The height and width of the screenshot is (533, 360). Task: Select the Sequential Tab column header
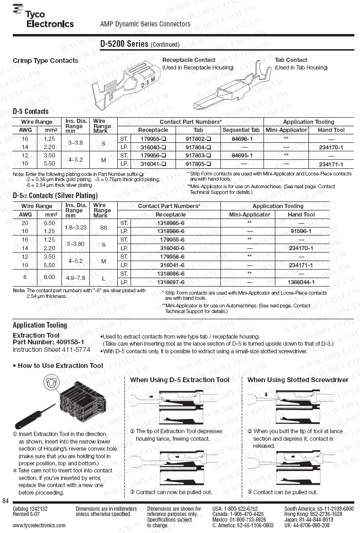pyautogui.click(x=242, y=130)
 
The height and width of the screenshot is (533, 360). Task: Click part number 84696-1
pyautogui.click(x=242, y=139)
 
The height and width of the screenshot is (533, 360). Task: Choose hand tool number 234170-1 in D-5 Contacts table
pyautogui.click(x=331, y=147)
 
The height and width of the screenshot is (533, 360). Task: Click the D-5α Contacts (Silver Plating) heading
pyautogui.click(x=55, y=195)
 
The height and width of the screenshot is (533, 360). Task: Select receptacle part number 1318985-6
pyautogui.click(x=170, y=223)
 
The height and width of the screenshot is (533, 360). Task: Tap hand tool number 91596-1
pyautogui.click(x=301, y=231)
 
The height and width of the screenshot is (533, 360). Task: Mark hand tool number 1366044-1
pyautogui.click(x=301, y=282)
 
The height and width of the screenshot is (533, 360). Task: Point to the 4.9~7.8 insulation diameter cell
pyautogui.click(x=74, y=278)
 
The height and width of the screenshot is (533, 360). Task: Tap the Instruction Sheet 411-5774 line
pyautogui.click(x=51, y=350)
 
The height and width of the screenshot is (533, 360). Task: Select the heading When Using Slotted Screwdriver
pyautogui.click(x=298, y=380)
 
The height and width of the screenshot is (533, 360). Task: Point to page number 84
pyautogui.click(x=6, y=501)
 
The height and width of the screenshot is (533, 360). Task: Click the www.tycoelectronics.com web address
pyautogui.click(x=39, y=525)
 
